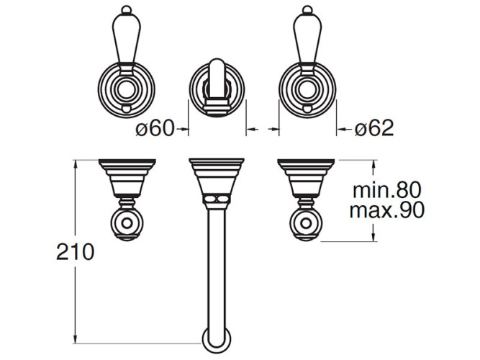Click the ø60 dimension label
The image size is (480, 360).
[x=155, y=128]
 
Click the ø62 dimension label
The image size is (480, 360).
[x=374, y=128]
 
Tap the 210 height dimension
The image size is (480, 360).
[x=75, y=252]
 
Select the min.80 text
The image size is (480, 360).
[x=387, y=190]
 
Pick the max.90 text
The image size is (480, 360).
[x=387, y=210]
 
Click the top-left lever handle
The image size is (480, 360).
[x=127, y=40]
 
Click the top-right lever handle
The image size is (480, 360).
[x=307, y=40]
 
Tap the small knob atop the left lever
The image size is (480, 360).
[x=127, y=9]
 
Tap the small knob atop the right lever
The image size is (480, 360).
[x=307, y=9]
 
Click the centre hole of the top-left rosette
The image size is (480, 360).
[x=127, y=90]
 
